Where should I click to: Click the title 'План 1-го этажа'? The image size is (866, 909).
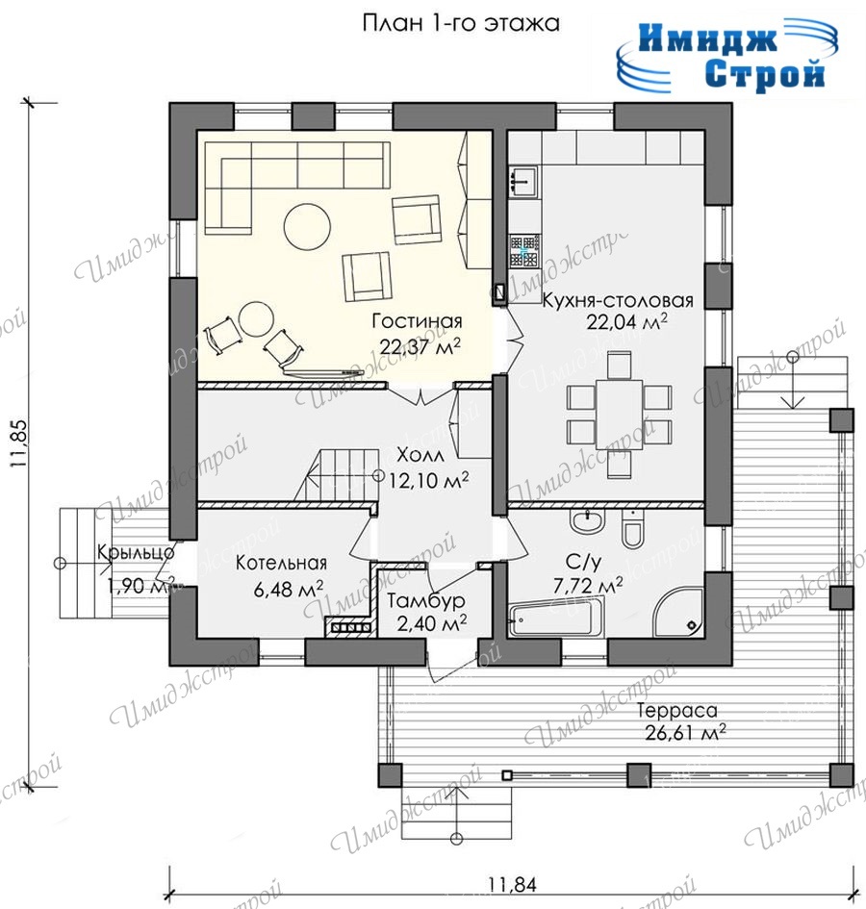click(461, 24)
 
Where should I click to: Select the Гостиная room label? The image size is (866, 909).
click(417, 320)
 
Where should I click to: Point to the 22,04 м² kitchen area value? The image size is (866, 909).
click(626, 321)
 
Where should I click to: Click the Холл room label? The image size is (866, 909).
click(420, 455)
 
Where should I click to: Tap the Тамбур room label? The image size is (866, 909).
click(425, 601)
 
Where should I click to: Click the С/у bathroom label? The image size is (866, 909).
click(583, 561)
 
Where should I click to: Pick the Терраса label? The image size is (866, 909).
click(676, 710)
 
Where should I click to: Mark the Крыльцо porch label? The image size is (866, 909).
click(136, 551)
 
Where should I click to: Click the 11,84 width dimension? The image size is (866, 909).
click(512, 885)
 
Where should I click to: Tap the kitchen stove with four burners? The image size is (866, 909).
click(525, 251)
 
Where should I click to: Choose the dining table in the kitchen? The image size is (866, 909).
click(619, 414)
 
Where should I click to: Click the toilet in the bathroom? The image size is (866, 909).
click(631, 528)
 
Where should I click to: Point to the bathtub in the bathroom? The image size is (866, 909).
click(551, 620)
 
